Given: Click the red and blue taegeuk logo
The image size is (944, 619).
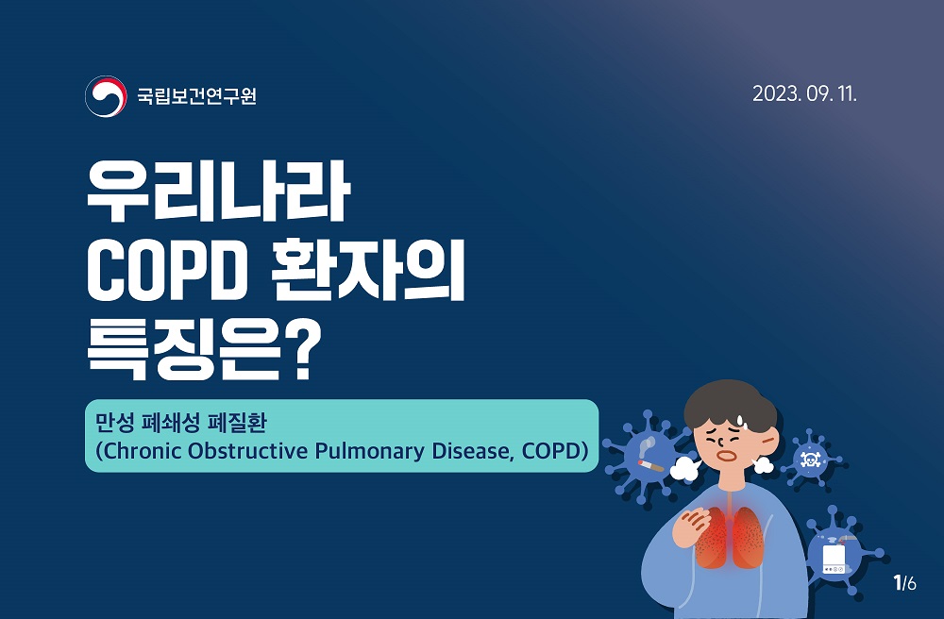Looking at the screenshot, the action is point(106,96).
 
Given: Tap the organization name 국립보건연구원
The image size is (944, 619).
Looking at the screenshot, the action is point(197,96).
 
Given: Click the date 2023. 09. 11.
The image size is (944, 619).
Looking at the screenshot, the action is point(804,93).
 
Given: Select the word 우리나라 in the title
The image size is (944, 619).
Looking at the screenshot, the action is point(219,192).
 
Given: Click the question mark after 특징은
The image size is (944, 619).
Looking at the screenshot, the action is point(300,351).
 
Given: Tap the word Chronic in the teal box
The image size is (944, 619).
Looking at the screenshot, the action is point(143,451).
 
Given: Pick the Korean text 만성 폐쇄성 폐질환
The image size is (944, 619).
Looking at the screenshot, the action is point(180,422).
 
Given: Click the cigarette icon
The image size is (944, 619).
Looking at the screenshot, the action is point(650,464).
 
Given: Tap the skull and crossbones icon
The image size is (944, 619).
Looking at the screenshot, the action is point(809,460).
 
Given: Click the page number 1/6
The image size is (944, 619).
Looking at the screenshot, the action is point(905,583).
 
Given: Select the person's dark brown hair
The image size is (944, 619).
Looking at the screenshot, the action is point(731,405).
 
